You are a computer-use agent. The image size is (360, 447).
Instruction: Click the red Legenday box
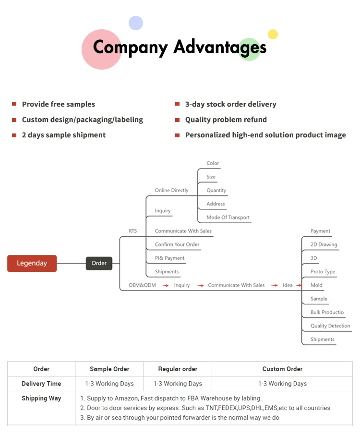(32, 263)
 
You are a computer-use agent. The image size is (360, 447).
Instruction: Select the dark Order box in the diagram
(99, 263)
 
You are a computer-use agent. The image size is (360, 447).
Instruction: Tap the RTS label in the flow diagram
(132, 231)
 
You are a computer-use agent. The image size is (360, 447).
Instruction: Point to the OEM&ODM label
(142, 285)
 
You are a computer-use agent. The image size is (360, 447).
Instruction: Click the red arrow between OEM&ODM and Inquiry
(165, 285)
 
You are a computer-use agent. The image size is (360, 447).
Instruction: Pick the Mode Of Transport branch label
(228, 217)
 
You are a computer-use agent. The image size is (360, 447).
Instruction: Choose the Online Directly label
(171, 190)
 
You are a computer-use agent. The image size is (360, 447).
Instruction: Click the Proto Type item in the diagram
(323, 272)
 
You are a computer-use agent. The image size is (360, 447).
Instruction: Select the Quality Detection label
(330, 326)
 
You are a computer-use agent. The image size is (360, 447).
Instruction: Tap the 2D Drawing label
(324, 244)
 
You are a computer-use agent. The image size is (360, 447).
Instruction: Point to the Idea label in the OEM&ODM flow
(288, 285)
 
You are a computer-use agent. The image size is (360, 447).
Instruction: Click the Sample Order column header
(109, 369)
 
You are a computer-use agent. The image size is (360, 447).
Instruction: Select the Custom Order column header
(282, 369)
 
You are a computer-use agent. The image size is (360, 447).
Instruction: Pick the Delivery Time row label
(41, 384)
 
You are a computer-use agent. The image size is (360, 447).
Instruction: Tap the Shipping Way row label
(41, 399)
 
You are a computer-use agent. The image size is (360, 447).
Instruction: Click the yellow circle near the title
(273, 34)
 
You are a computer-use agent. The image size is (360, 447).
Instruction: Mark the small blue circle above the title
(136, 23)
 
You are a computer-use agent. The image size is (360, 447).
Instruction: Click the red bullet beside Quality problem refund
(177, 120)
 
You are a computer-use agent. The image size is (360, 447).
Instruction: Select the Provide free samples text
(59, 104)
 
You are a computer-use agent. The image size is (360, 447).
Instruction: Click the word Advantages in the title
(219, 47)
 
